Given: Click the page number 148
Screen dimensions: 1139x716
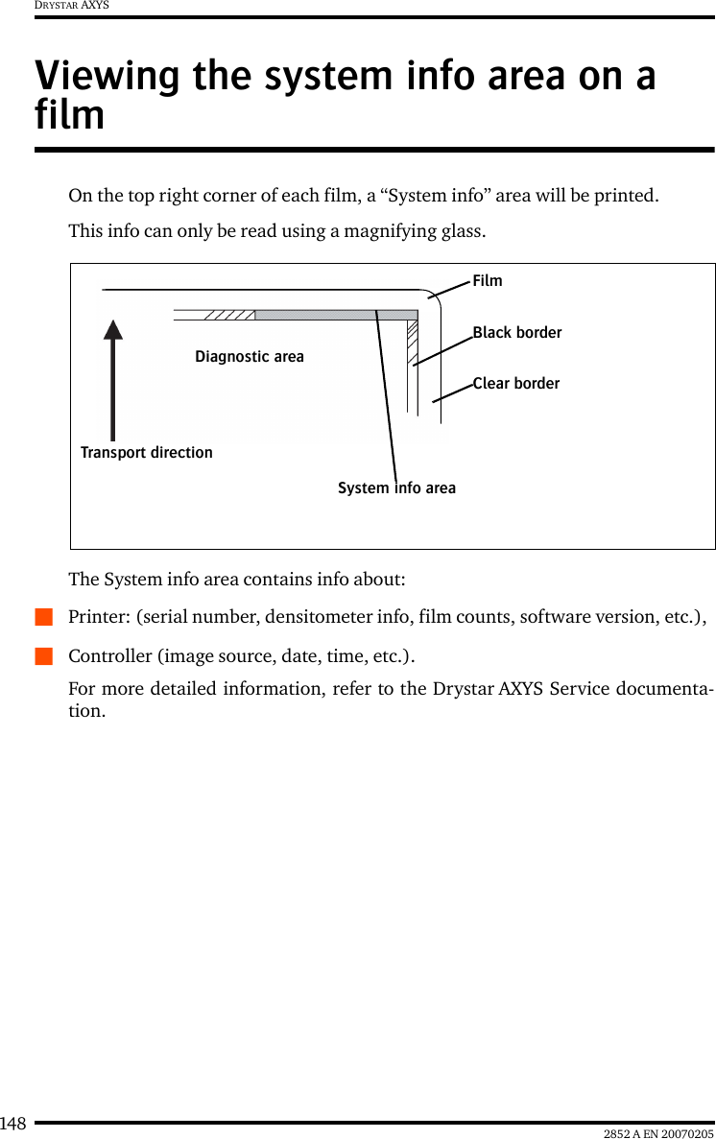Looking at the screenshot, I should click(x=13, y=1124).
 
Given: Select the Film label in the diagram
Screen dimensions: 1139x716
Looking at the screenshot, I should click(x=488, y=280).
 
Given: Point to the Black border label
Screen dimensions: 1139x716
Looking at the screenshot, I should click(x=517, y=332).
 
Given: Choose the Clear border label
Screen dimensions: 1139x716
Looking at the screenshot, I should click(x=516, y=383).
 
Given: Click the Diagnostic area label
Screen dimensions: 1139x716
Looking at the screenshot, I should click(x=250, y=357).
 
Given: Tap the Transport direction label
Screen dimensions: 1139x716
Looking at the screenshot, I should click(x=147, y=452).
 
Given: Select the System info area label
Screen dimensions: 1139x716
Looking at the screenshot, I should click(x=397, y=488).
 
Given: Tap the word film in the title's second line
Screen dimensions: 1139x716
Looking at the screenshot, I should click(x=69, y=115).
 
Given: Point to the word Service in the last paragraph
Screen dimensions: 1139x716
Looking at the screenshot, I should click(x=558, y=689).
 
